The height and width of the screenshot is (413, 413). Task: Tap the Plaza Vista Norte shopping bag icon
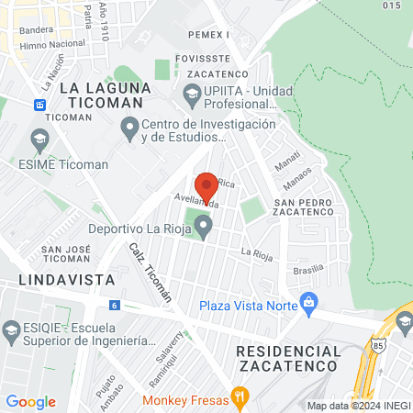(309, 301)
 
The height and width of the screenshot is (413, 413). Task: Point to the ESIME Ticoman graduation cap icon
(39, 140)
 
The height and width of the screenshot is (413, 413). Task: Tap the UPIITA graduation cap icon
(191, 92)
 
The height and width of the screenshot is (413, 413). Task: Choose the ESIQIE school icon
(12, 330)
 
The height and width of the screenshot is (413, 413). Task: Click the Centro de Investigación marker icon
(129, 126)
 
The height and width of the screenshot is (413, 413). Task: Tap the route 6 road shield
(114, 305)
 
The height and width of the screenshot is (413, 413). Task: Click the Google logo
(30, 401)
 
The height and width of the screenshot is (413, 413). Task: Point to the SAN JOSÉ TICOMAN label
(64, 254)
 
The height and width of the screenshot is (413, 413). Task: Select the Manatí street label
(288, 162)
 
